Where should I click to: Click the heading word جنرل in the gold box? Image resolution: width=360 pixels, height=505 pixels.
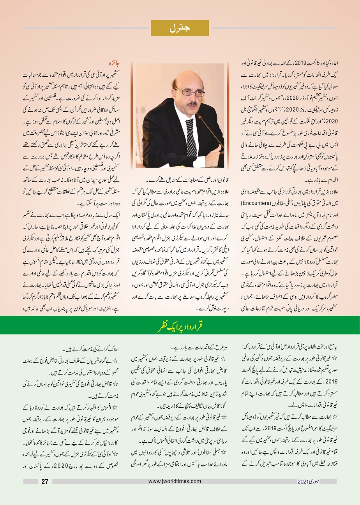180,28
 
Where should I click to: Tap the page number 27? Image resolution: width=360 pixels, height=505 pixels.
45,482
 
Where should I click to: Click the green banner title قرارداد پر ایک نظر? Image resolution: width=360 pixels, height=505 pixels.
180,325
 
